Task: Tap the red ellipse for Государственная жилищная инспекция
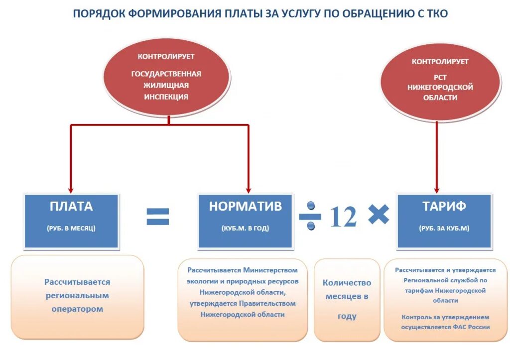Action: pyautogui.click(x=166, y=78)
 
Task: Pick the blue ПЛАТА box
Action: pyautogui.click(x=71, y=221)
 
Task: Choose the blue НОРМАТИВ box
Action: pyautogui.click(x=246, y=221)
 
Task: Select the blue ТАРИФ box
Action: pyautogui.click(x=444, y=221)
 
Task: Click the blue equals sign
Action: pyautogui.click(x=157, y=217)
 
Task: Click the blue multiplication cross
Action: pyautogui.click(x=378, y=215)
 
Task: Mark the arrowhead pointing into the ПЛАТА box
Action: pyautogui.click(x=71, y=190)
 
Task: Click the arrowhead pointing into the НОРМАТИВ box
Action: pyautogui.click(x=248, y=190)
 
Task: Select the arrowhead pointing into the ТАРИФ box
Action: pyautogui.click(x=437, y=190)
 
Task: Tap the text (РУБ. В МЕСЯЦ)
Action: pyautogui.click(x=71, y=229)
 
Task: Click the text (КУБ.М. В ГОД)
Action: pyautogui.click(x=246, y=229)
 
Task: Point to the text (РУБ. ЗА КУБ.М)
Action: pyautogui.click(x=444, y=229)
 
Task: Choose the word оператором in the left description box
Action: pyautogui.click(x=77, y=309)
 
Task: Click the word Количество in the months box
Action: pyautogui.click(x=347, y=283)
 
